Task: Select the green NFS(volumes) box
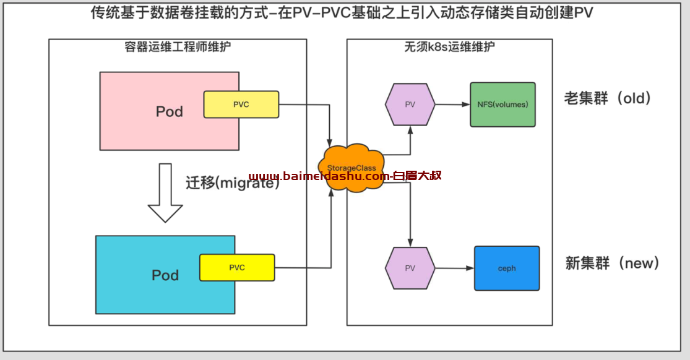pos(502,105)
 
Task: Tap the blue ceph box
pos(507,268)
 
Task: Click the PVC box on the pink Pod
pos(241,105)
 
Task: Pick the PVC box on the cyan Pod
pos(237,268)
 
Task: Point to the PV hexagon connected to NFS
pos(410,105)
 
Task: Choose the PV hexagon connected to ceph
pos(410,268)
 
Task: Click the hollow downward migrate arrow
pos(165,193)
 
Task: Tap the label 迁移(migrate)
pos(232,182)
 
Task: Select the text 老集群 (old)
pos(607,98)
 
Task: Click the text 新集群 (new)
pos(612,263)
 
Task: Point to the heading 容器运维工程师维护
pos(178,46)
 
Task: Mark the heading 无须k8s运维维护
pos(450,46)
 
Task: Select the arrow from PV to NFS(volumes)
pos(452,105)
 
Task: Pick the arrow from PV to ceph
pos(455,268)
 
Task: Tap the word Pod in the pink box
pos(170,111)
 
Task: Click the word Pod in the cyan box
pos(165,275)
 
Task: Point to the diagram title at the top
pos(342,13)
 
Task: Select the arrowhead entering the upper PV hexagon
pos(410,130)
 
